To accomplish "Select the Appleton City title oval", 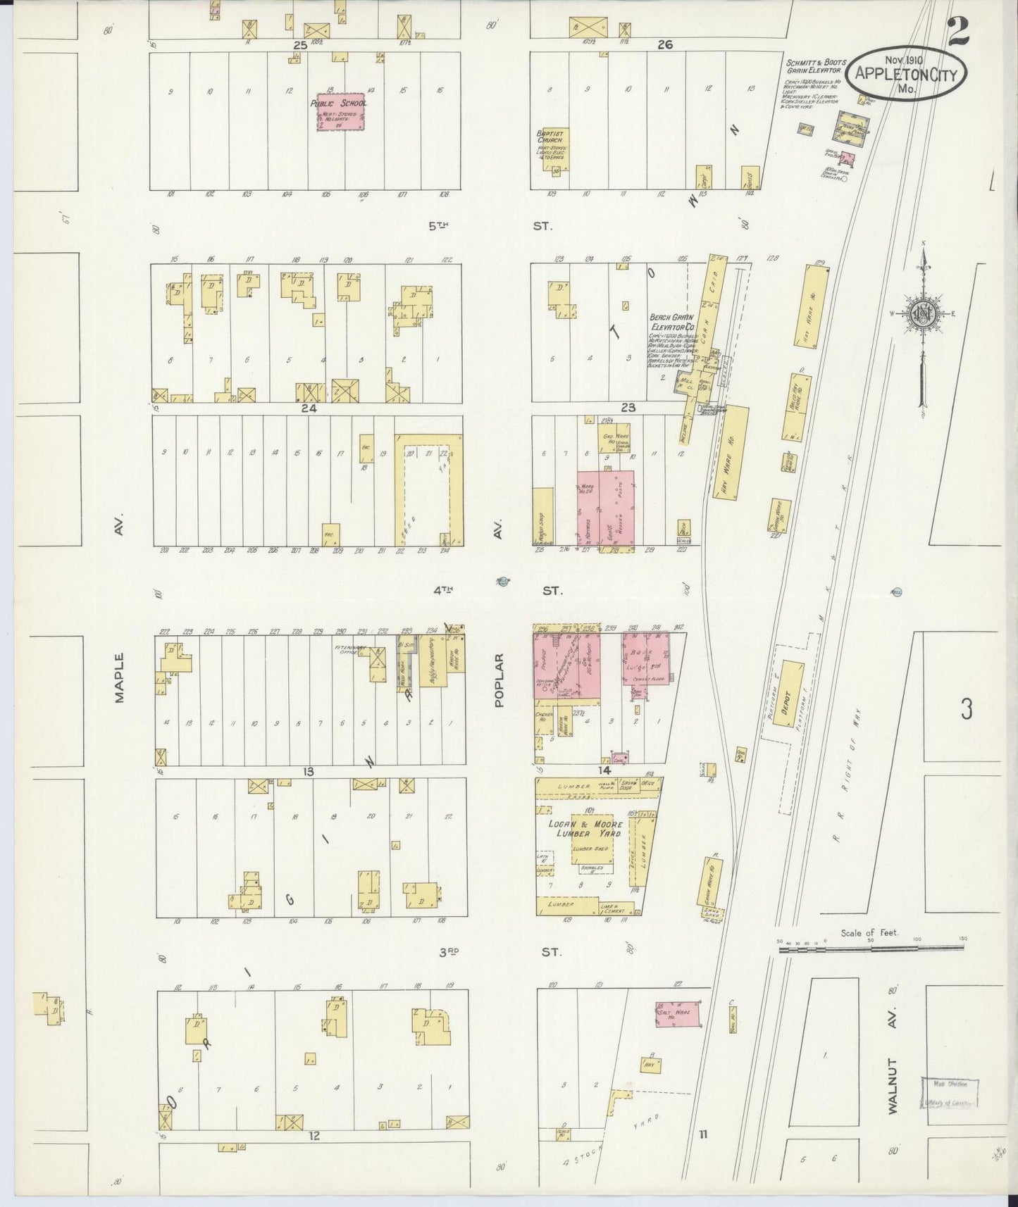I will pos(906,75).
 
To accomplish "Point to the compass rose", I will pos(922,314).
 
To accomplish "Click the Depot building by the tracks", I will pos(792,693).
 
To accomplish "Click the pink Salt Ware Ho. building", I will pos(677,1015).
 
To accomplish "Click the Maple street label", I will pos(119,677).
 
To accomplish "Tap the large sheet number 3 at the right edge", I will pos(967,709).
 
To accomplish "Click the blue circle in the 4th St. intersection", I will pos(502,581).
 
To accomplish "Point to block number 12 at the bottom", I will pos(314,1135).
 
